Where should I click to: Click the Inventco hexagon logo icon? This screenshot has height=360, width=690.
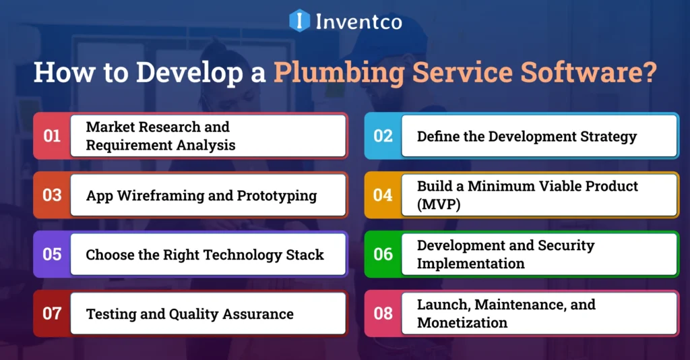coord(300,21)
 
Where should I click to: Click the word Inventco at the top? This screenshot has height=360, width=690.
coord(358,22)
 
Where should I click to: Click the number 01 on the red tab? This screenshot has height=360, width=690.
coord(52,136)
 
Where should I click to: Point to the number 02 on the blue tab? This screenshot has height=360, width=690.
coord(383,136)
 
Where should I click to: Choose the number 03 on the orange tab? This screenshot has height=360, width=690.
coord(52,196)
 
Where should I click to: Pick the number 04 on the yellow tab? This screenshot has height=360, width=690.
coord(383,196)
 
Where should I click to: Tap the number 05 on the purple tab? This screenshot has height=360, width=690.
coord(52,255)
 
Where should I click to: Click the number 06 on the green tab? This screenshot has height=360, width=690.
coord(383,254)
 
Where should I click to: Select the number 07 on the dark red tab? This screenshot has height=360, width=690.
coord(52,313)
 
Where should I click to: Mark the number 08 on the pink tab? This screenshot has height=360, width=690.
coord(383,313)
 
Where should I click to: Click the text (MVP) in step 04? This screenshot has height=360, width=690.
coord(439,205)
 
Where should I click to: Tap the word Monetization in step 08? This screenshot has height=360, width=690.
coord(462,323)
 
